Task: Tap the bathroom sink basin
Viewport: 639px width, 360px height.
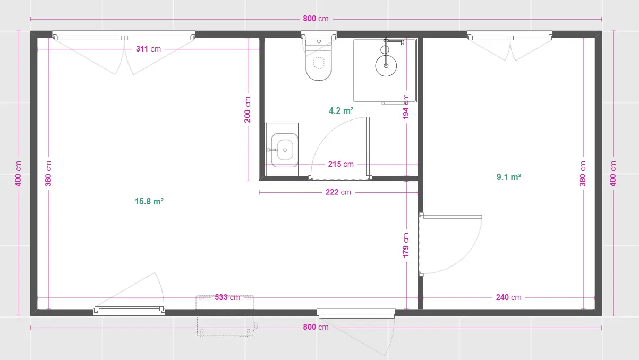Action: click(x=284, y=150)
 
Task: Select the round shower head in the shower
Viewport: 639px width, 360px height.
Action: click(x=386, y=66)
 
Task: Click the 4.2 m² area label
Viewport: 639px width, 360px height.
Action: click(x=341, y=110)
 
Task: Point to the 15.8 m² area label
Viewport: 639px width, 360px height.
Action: click(x=149, y=201)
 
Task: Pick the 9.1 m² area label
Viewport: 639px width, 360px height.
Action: click(x=509, y=177)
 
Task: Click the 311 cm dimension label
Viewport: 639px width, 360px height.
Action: click(x=148, y=49)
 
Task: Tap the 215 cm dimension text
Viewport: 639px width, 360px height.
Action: click(x=341, y=164)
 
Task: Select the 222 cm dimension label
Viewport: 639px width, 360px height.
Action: click(x=338, y=192)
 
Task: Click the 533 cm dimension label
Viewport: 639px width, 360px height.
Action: click(x=227, y=297)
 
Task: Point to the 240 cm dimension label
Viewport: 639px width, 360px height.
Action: click(x=509, y=297)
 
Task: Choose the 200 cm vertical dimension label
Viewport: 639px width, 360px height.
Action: click(x=248, y=110)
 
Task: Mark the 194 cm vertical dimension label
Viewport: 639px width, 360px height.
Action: click(x=406, y=107)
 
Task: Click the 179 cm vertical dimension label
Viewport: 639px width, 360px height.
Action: click(x=406, y=245)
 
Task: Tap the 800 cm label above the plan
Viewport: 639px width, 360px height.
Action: click(x=316, y=19)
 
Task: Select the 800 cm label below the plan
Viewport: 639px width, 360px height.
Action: click(x=316, y=327)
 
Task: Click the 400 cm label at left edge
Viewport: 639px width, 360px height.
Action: click(x=18, y=174)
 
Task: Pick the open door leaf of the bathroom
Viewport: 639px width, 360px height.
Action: click(x=368, y=148)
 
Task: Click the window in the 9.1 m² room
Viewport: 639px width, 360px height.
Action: click(x=509, y=36)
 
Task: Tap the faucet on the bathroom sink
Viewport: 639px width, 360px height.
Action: click(x=272, y=150)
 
